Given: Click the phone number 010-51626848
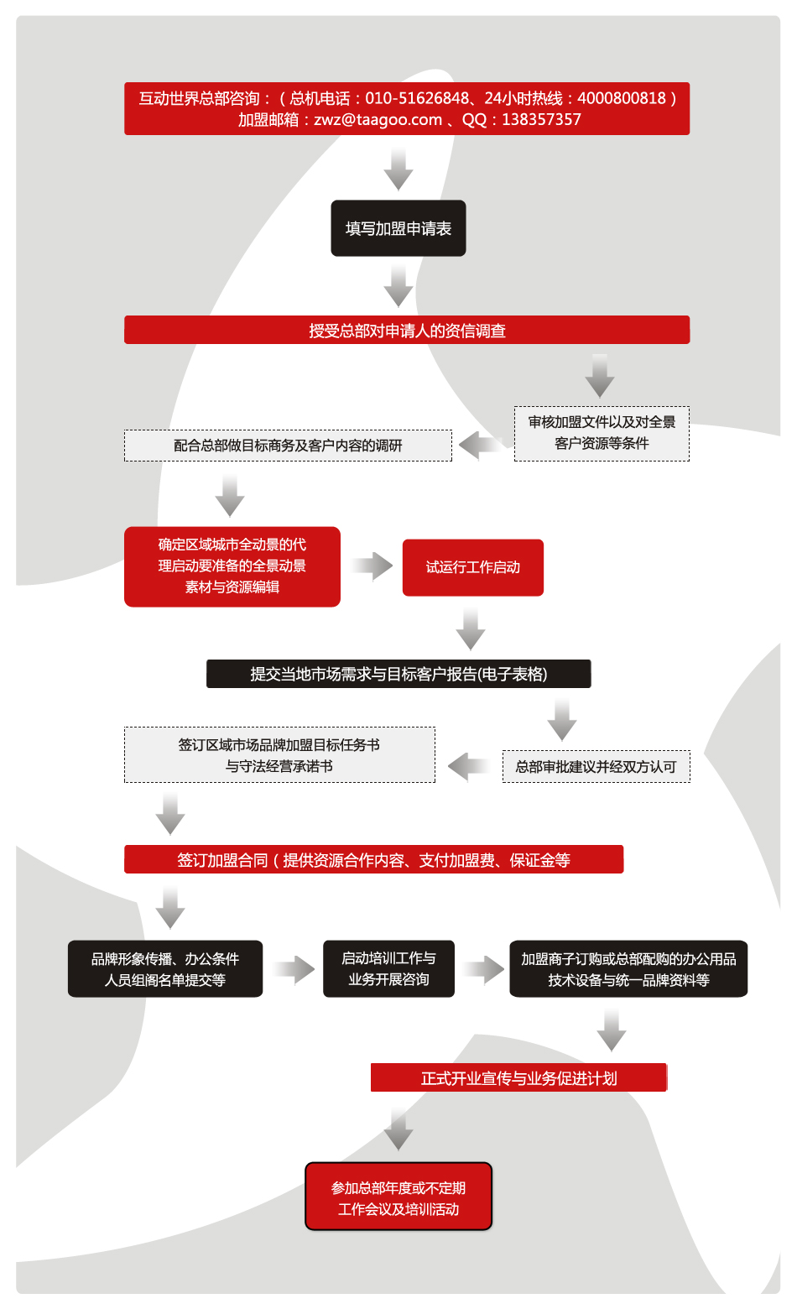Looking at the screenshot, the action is coord(417,98).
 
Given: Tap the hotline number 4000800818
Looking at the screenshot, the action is coord(621,98).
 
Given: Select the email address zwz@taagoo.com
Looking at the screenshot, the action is coord(378,120).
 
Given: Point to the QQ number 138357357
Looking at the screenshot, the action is coord(541,120).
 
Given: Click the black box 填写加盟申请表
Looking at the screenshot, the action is coord(398,228).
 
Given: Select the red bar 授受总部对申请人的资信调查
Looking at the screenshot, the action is coord(407,330).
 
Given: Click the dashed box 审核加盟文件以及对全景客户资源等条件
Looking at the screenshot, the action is coord(602,433).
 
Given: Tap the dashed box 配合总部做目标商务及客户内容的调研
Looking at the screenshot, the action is coord(288,446).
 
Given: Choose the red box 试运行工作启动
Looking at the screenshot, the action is coord(472,567).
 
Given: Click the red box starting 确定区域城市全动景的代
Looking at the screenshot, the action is coord(232,566).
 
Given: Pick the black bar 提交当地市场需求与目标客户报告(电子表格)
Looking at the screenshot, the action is coord(398,674).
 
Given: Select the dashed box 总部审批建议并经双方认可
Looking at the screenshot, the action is coord(596,766).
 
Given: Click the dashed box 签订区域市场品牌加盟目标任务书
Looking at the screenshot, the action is coord(279,754).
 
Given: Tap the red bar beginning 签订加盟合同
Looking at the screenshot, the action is coord(373,859).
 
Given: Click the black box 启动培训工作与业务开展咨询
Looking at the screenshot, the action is coord(388,968).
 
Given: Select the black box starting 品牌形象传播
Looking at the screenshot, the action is coord(164,968).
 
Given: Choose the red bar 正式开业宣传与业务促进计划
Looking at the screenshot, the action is coord(518,1077).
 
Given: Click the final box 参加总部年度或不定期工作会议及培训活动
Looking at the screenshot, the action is coord(398,1197).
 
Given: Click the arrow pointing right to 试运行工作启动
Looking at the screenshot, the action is coord(372,566).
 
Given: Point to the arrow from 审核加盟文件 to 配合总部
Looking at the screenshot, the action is coord(481,446).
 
